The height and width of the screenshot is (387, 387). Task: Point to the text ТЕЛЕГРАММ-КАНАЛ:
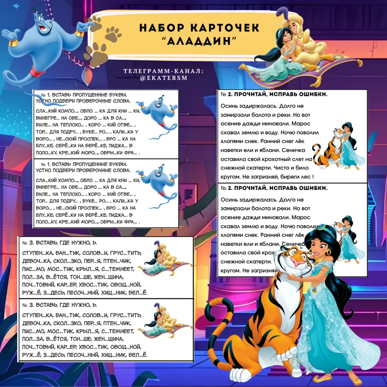point(163,71)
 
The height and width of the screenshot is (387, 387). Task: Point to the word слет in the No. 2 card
point(296,159)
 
